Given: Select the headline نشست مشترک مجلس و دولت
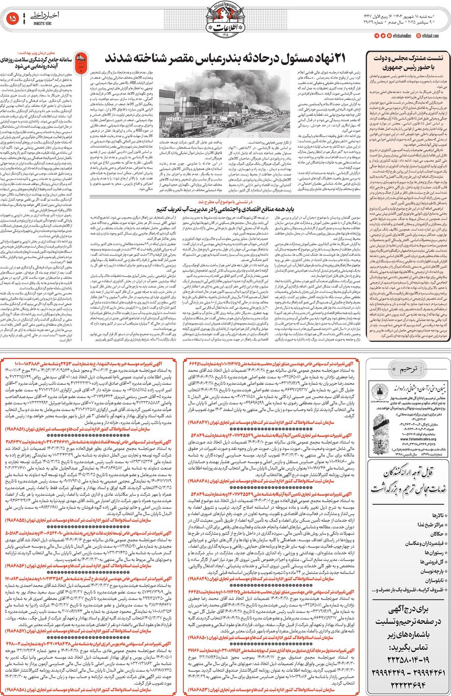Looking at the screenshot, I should coord(405,59).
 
